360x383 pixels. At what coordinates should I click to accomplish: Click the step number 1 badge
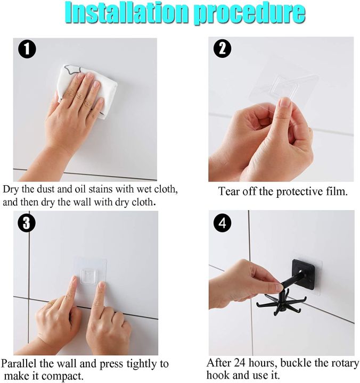click(x=27, y=50)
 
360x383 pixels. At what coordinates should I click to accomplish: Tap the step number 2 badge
click(x=222, y=49)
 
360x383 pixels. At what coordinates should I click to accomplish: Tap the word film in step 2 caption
click(x=336, y=191)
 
